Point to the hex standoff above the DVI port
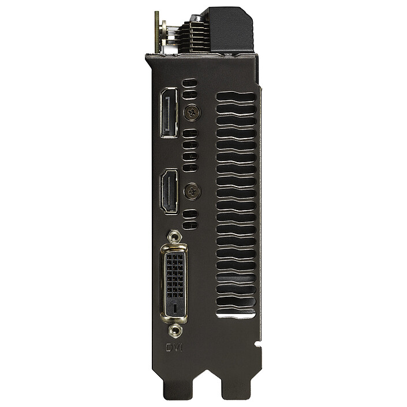(174, 236)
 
